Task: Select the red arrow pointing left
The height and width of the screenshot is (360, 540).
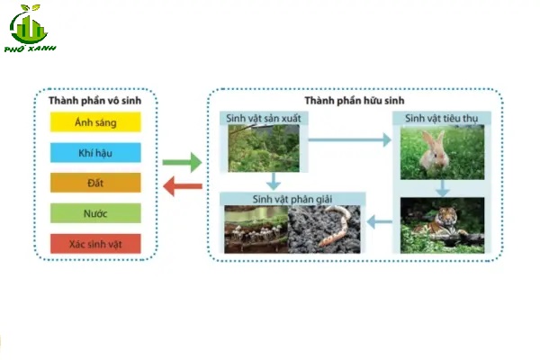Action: (183, 186)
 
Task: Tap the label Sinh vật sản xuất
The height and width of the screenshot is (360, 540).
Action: (262, 118)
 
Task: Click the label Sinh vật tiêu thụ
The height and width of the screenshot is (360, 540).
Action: (441, 118)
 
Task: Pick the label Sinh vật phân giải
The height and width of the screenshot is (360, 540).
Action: (294, 198)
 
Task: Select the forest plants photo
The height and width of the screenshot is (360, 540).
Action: (263, 148)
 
